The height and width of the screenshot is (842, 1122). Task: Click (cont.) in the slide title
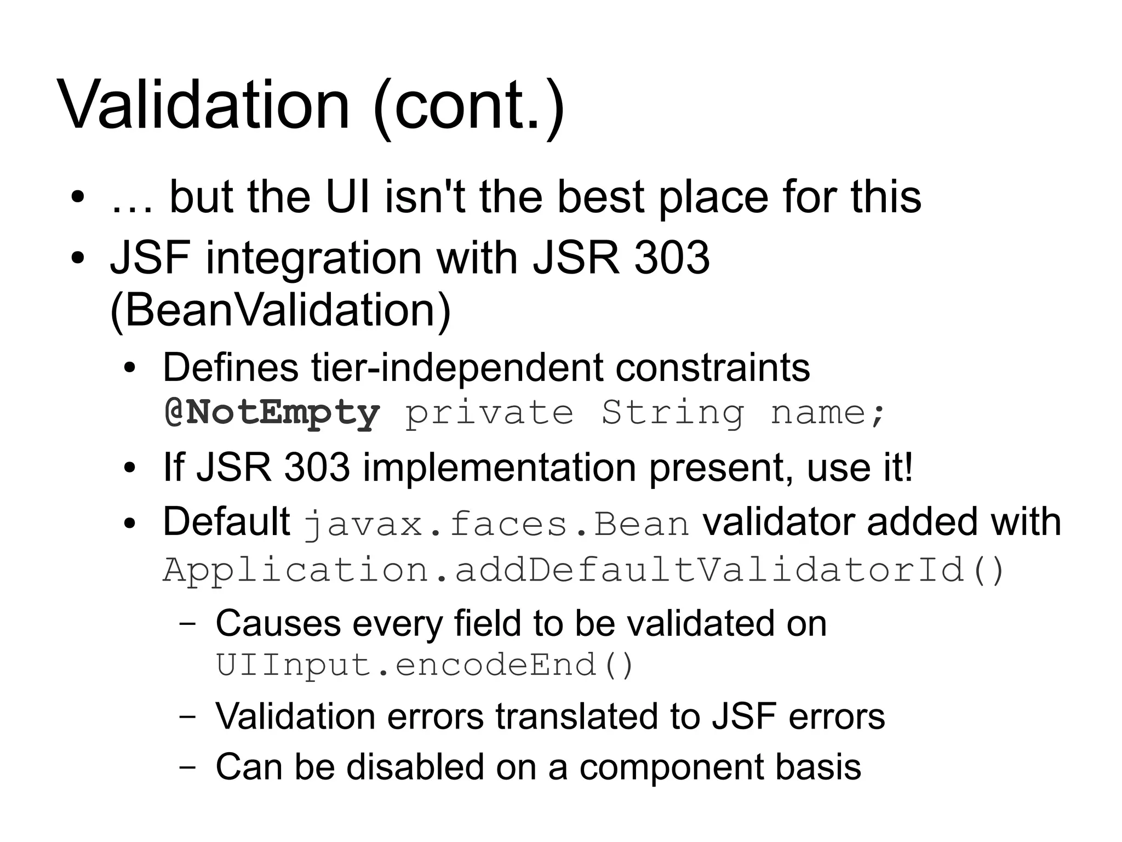(x=468, y=105)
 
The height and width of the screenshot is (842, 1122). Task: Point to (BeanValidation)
(x=280, y=310)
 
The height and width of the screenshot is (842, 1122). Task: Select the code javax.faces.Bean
(x=496, y=524)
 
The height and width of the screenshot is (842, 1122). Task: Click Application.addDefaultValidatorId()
(x=583, y=570)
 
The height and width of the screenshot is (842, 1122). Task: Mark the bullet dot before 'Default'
(x=129, y=523)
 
